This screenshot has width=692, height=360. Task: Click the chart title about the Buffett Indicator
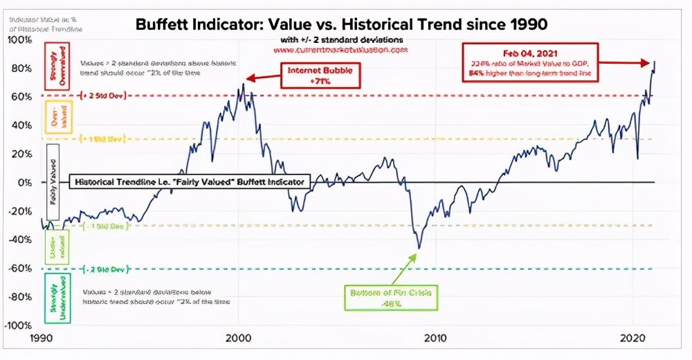(342, 24)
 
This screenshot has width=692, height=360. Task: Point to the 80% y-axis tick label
(21, 68)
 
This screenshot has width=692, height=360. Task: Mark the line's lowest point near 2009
(419, 248)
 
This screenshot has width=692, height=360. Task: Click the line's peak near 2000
(243, 84)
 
